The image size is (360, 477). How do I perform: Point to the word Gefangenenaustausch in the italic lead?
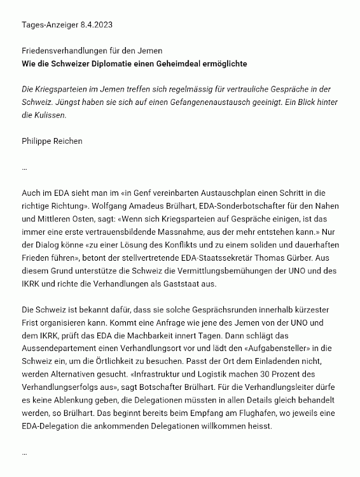pyautogui.click(x=200, y=104)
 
